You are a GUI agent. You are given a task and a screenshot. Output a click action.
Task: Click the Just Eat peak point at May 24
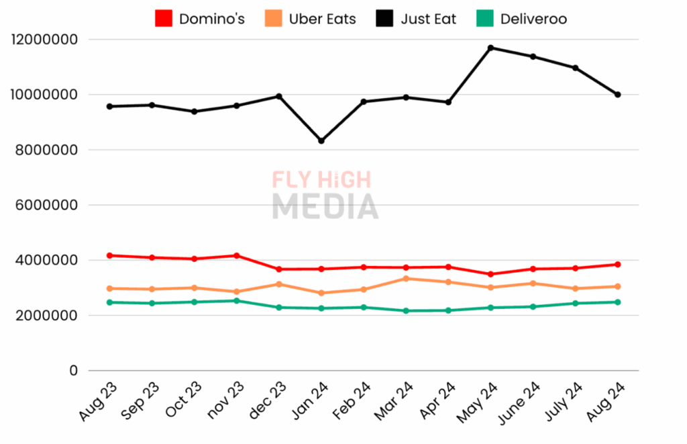tap(491, 48)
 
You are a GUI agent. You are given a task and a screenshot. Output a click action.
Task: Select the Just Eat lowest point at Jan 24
tap(321, 141)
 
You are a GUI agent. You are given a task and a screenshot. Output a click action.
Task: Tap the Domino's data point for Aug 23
tap(109, 255)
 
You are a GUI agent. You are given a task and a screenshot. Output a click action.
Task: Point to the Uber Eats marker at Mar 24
tap(406, 278)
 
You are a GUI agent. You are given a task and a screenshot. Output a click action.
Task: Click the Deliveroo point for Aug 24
tap(618, 302)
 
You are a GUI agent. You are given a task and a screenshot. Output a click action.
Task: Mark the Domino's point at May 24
tap(491, 274)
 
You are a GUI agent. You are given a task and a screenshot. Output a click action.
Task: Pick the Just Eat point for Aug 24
tap(618, 95)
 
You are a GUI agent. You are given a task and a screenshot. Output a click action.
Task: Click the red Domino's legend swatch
tap(163, 19)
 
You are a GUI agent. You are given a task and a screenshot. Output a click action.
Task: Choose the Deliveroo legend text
tap(533, 19)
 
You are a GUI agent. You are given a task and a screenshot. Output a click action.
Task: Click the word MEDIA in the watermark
tap(325, 206)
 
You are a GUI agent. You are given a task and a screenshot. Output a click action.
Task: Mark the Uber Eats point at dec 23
tap(279, 284)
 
